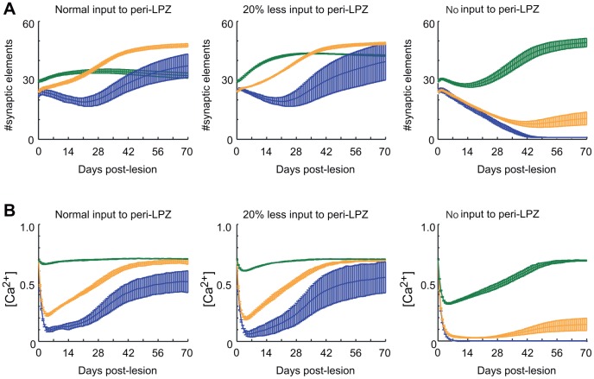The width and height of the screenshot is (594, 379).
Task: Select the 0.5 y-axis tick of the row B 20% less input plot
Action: [x=224, y=286]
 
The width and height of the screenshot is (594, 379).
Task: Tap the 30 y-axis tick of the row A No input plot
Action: [x=425, y=81]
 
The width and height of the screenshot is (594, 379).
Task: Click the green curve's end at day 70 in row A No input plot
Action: [x=586, y=42]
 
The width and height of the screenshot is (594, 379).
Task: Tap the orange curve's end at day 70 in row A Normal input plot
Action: [x=187, y=45]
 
